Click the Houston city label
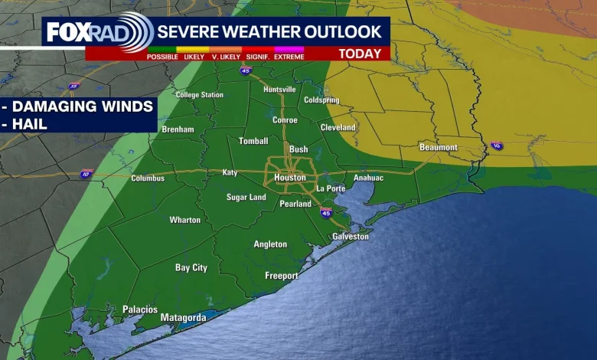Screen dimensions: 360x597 coord(290,178)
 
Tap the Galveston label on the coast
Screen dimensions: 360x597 coord(351,237)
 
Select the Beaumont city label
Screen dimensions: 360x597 coord(439,147)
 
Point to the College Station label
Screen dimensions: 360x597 coord(200,95)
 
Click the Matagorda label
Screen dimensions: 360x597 coord(183,317)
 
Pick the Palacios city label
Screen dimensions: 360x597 coord(140,309)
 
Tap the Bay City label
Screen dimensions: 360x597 coord(191,268)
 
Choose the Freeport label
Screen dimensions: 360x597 coord(282,276)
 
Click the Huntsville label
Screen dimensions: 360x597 coord(279,90)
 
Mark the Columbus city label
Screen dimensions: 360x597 coord(148,178)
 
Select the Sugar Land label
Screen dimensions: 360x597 coord(246,198)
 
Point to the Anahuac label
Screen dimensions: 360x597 coord(368,178)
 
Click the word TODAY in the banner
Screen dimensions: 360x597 coord(359,54)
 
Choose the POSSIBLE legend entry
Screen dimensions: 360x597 coord(162,57)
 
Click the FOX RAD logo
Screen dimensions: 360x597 coord(98,32)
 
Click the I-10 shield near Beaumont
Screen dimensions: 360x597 coord(497,146)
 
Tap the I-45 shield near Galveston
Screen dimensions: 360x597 coord(326,212)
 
